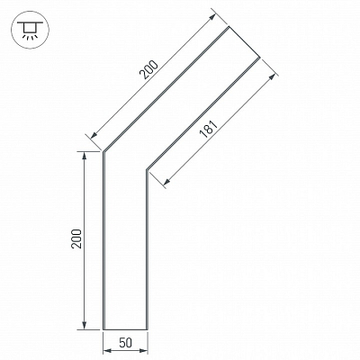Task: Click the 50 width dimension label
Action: point(125,342)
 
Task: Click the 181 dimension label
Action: point(209,129)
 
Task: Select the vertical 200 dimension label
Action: point(76,238)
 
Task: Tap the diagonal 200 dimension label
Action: point(149,70)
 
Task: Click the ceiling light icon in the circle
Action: point(30,30)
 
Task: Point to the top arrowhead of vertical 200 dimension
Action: point(85,156)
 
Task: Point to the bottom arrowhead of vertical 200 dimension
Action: point(85,326)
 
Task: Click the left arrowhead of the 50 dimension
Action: point(107,350)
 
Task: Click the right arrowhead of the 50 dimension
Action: point(144,350)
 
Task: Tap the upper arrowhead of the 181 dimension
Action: point(272,76)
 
